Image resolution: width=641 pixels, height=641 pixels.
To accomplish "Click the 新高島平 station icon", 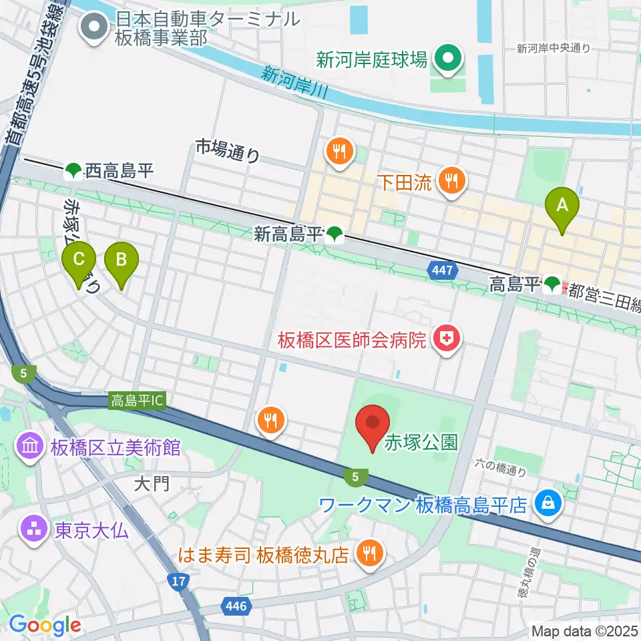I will [335, 234].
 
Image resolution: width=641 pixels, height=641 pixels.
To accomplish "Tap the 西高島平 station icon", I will [73, 172].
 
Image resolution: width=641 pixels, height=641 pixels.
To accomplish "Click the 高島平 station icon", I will [552, 285].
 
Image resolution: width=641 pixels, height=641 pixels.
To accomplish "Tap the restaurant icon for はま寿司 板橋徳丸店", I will [367, 554].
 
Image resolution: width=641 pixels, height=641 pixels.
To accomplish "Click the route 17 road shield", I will [178, 582].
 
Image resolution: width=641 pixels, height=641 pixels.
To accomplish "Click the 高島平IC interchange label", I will [137, 401].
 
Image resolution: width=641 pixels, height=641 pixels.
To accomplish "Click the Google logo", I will [45, 625].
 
